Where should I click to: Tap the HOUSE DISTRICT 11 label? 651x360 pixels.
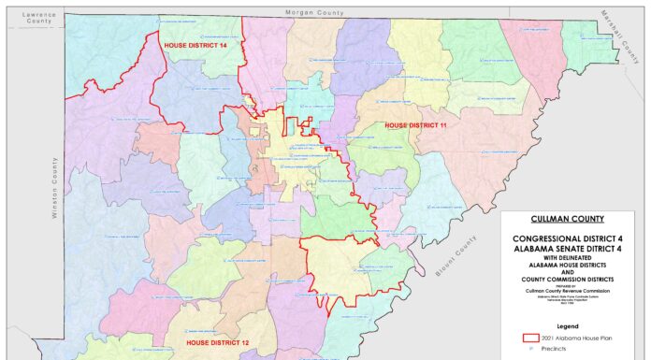[415, 124]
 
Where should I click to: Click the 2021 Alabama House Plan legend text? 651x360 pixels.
[580, 338]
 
